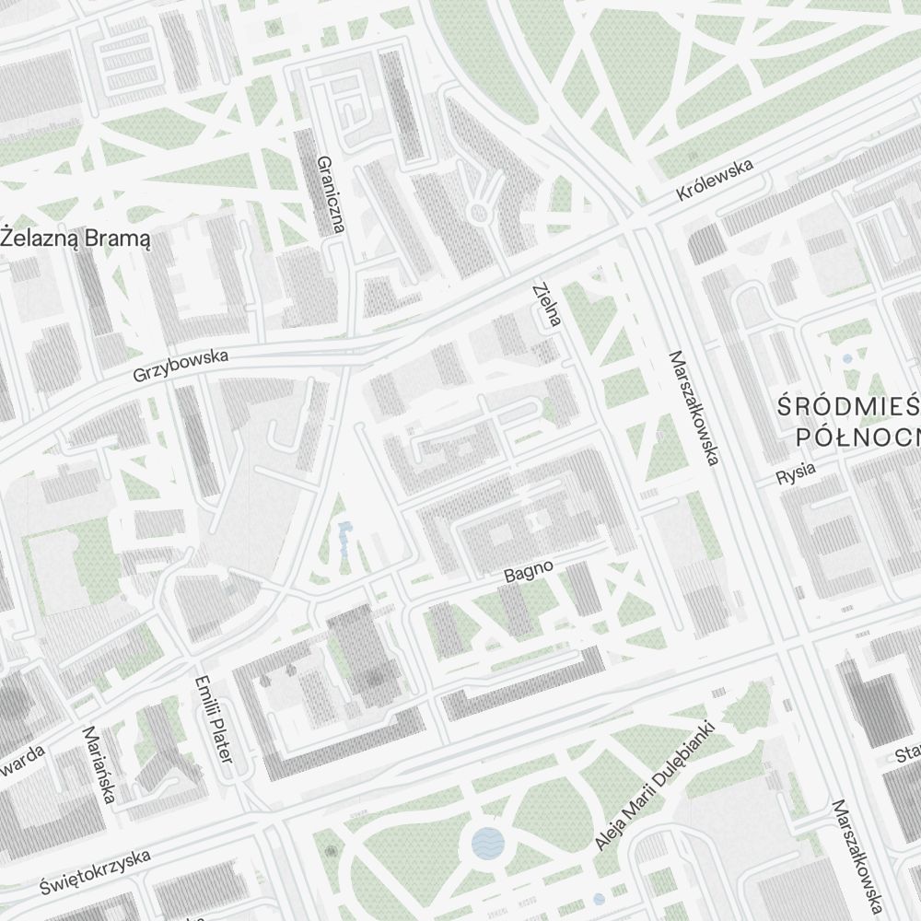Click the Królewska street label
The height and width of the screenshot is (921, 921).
tap(714, 181)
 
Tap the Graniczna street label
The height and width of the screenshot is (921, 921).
tap(330, 193)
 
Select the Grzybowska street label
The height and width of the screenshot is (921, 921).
tap(181, 366)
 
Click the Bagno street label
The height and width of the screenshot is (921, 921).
tap(529, 571)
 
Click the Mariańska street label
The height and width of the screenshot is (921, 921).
tap(99, 764)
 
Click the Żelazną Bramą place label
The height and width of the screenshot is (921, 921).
tap(76, 238)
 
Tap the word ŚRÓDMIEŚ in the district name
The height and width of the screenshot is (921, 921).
tap(848, 406)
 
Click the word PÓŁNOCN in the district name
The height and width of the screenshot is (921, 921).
tap(857, 435)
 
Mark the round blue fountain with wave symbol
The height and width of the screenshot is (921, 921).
tap(487, 842)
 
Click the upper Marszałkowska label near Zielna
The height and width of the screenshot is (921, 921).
tap(694, 407)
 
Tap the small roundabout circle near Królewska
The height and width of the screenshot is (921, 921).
tap(478, 214)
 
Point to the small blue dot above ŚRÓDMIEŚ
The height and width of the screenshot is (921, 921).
tap(846, 358)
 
